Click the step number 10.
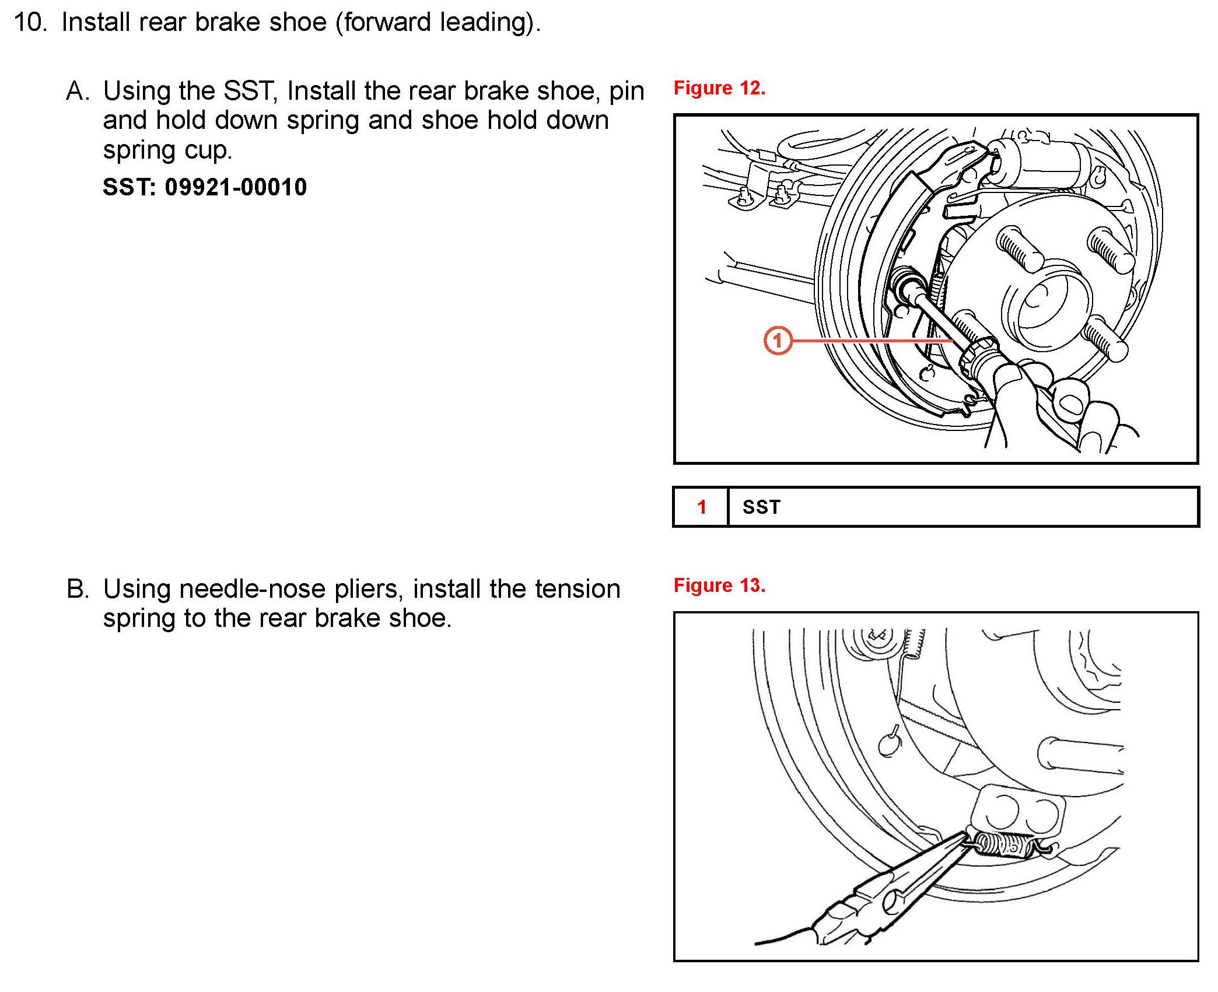pos(30,23)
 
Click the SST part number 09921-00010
pos(235,187)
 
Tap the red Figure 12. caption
pos(719,88)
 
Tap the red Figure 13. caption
pos(719,586)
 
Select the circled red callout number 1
pos(778,341)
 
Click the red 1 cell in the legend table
pos(702,507)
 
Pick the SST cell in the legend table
pos(761,507)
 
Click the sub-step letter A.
pos(78,92)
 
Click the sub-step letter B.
pos(78,589)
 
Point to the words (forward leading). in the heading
pos(437,23)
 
